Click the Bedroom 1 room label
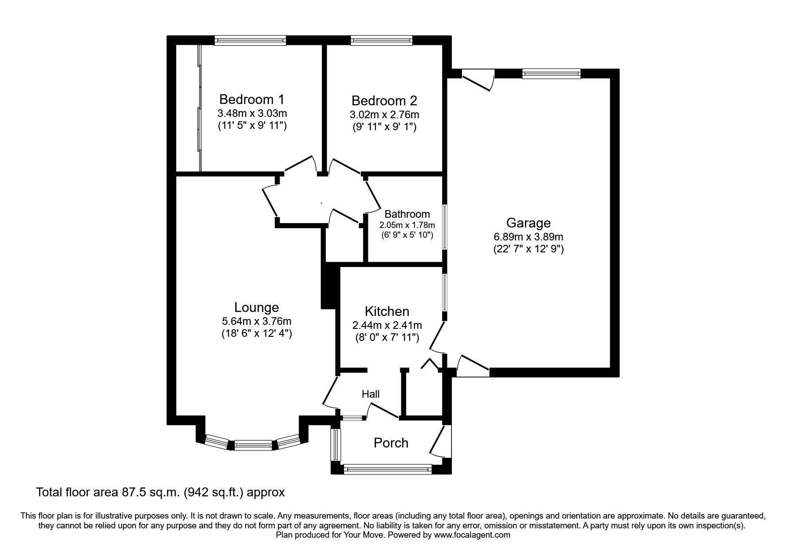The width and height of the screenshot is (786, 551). (x=252, y=99)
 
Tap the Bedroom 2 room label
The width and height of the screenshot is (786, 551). (x=384, y=100)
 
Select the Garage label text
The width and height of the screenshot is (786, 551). (x=528, y=223)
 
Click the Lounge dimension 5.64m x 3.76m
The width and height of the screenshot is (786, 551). (x=257, y=321)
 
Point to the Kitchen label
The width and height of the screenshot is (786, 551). (x=387, y=311)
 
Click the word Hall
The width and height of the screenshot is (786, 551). (x=371, y=394)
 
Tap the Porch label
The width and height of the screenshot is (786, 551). (x=391, y=443)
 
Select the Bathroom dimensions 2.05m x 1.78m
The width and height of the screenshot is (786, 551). (x=407, y=225)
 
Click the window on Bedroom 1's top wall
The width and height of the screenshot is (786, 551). (x=250, y=40)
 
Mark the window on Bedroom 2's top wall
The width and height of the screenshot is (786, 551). (x=381, y=40)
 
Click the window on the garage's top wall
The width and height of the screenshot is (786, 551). (x=551, y=74)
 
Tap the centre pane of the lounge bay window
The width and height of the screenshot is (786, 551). (x=253, y=445)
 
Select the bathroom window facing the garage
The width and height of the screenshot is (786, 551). (x=444, y=227)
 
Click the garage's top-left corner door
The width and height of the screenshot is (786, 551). (x=478, y=79)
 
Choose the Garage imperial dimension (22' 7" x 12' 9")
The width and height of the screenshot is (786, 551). (x=528, y=249)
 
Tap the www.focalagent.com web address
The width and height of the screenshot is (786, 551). (x=472, y=535)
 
